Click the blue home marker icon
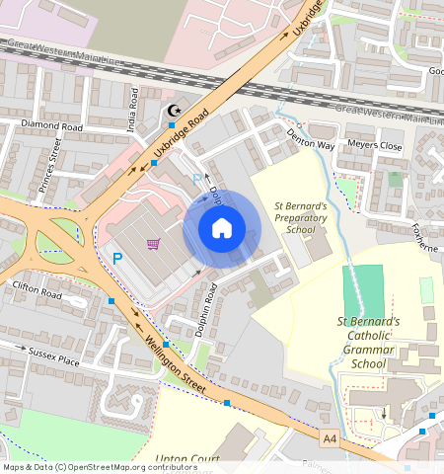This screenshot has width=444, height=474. pyautogui.click(x=222, y=228)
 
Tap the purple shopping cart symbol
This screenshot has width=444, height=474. pyautogui.click(x=153, y=244)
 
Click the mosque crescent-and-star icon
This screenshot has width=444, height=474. pyautogui.click(x=176, y=112)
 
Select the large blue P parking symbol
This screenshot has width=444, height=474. pyautogui.click(x=117, y=259)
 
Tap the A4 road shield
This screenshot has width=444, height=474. pyautogui.click(x=328, y=434)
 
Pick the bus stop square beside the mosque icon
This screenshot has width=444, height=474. pyautogui.click(x=172, y=125)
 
